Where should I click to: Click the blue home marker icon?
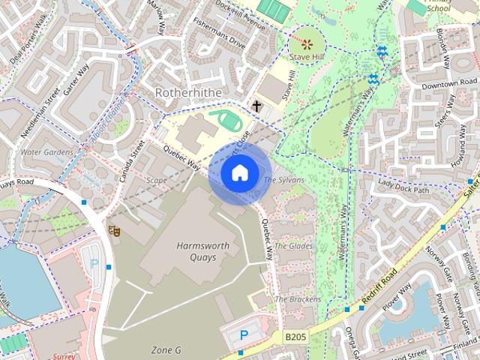(x=238, y=173)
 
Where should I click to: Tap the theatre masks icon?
(x=115, y=230)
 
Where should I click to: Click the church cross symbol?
(x=256, y=106)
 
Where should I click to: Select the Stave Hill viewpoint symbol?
(x=307, y=42)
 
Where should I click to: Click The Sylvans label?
(x=283, y=180)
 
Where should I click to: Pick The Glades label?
(x=293, y=245)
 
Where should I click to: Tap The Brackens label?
(x=298, y=299)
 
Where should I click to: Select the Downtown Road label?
(x=449, y=84)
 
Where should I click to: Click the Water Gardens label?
(x=46, y=152)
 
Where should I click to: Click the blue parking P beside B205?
(x=244, y=335)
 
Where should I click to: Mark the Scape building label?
(x=157, y=180)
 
